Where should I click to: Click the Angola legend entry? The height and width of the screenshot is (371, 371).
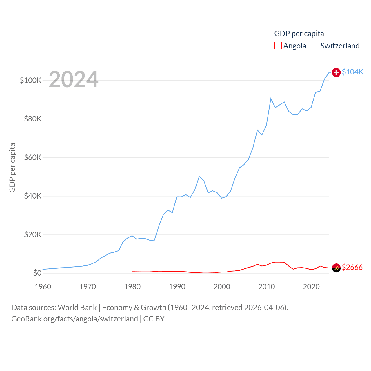point(290,46)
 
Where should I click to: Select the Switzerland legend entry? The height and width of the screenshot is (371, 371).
point(336,46)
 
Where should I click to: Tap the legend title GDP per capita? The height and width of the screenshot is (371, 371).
point(299,34)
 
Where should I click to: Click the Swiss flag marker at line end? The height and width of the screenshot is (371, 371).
point(336,72)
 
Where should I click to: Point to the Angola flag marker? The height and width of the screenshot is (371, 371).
point(336,268)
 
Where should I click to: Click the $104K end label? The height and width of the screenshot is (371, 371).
point(352,72)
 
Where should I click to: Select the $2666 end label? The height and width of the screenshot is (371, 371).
point(352,267)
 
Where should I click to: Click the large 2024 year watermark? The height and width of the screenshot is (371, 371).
point(74,79)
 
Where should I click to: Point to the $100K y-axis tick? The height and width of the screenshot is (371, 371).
point(31,80)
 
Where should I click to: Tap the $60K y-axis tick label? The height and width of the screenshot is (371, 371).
point(33,157)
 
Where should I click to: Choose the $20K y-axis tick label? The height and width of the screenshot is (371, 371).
point(33,234)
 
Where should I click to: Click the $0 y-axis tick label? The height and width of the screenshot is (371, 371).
point(37,273)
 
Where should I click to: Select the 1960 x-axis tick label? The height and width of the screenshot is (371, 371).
point(43,287)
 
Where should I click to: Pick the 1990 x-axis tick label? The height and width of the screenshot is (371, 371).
point(177,287)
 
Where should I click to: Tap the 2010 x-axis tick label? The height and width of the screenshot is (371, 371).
point(267,287)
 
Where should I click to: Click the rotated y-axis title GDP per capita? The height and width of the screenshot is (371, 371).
point(12,168)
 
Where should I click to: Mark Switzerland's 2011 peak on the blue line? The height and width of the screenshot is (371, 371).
point(271,99)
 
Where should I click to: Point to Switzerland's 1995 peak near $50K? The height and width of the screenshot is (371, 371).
point(199,176)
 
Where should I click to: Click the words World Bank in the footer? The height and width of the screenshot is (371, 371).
point(77,307)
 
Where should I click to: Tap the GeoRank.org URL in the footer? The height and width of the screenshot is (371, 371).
point(74,319)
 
